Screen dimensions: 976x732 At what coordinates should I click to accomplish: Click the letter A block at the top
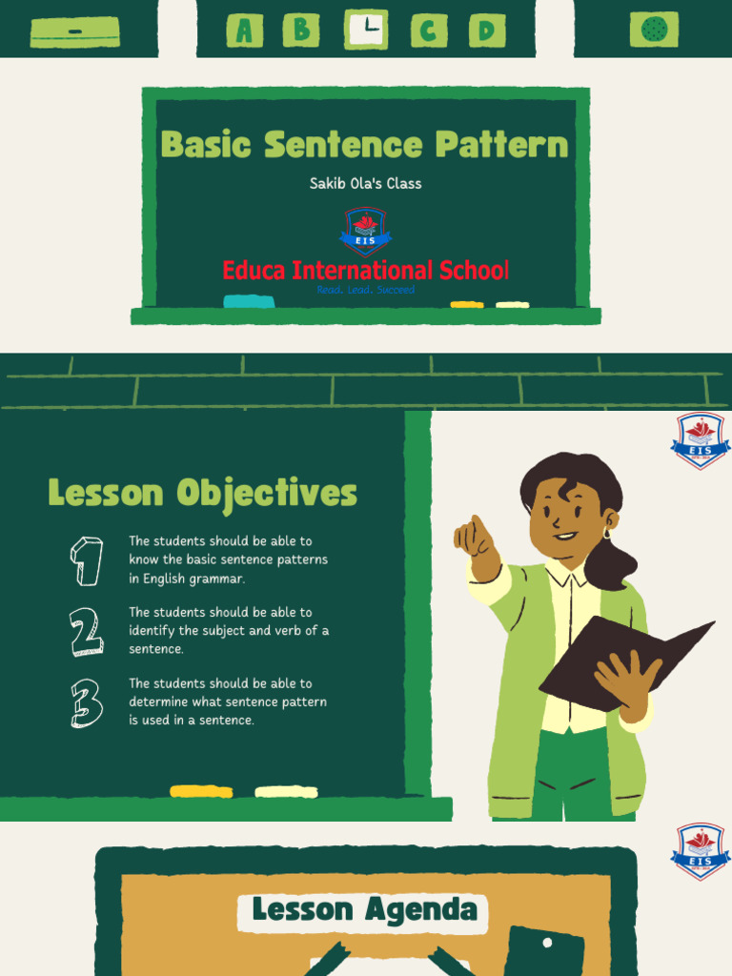pyautogui.click(x=245, y=30)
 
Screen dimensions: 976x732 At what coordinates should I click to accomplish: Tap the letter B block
pyautogui.click(x=301, y=30)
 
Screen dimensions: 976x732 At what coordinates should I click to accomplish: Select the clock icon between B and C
pyautogui.click(x=366, y=30)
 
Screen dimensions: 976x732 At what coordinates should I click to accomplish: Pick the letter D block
pyautogui.click(x=486, y=30)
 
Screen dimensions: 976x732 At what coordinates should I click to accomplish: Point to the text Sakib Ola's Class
pyautogui.click(x=365, y=183)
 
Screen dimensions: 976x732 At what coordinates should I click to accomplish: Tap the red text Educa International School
pyautogui.click(x=365, y=270)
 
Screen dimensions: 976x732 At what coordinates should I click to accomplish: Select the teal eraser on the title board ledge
pyautogui.click(x=249, y=302)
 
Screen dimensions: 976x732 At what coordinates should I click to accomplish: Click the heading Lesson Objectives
pyautogui.click(x=202, y=494)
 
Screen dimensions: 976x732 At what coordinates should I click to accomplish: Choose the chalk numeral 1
pyautogui.click(x=87, y=560)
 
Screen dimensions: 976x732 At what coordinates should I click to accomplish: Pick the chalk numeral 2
pyautogui.click(x=87, y=632)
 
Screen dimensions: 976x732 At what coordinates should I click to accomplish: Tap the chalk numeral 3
pyautogui.click(x=87, y=703)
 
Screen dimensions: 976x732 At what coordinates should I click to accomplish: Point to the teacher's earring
pyautogui.click(x=606, y=534)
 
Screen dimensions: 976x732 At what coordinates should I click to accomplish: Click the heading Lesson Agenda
pyautogui.click(x=364, y=910)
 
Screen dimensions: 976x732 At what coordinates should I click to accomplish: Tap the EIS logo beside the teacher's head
pyautogui.click(x=701, y=440)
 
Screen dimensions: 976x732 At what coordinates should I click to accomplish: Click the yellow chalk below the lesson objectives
pyautogui.click(x=201, y=791)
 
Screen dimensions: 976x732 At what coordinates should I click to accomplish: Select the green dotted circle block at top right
pyautogui.click(x=654, y=30)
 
